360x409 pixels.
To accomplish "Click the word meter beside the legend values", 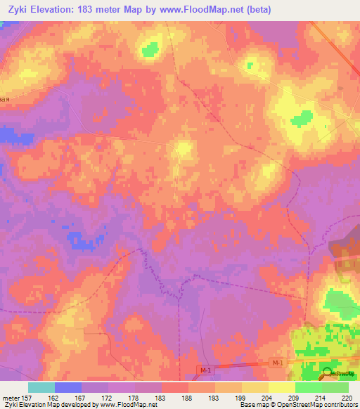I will [12, 398].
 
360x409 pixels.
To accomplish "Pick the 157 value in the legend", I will [29, 398].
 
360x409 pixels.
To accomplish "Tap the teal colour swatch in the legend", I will [41, 387].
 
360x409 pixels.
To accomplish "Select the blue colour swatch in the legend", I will [68, 387].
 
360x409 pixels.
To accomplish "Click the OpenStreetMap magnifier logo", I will [327, 374].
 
